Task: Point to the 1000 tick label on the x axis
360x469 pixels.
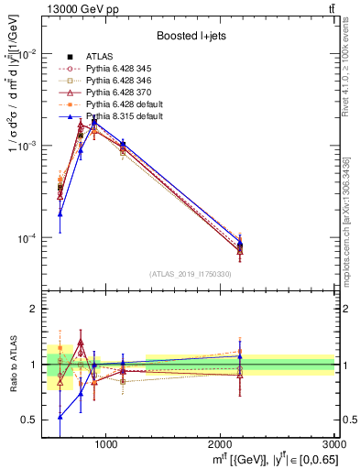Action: (x=106, y=443)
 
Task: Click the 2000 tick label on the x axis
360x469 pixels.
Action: (x=221, y=443)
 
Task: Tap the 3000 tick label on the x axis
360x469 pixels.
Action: (x=334, y=443)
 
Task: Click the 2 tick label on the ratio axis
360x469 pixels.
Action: (x=34, y=310)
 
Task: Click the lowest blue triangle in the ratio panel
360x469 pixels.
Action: (x=60, y=416)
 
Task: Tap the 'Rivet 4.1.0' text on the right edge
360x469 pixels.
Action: (x=353, y=64)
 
